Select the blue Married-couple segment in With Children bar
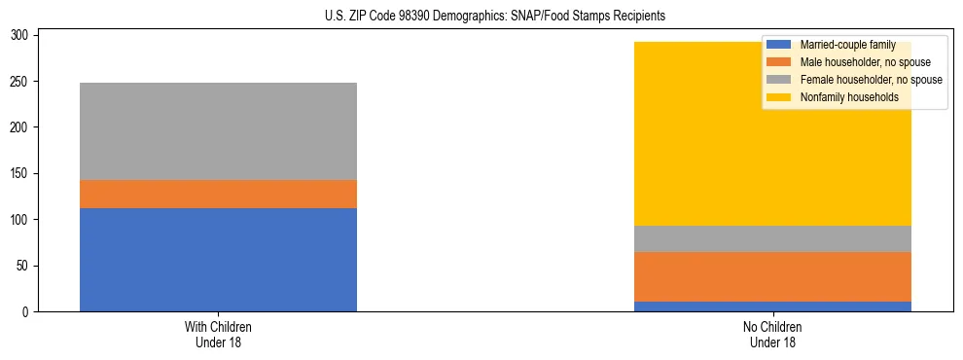point(218,260)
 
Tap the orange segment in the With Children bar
point(218,194)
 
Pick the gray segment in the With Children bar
point(218,131)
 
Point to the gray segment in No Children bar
point(772,239)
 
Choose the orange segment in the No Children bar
point(772,277)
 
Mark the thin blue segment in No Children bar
point(772,306)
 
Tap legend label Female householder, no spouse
point(868,80)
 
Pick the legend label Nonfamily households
point(849,97)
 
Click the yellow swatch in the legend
point(780,97)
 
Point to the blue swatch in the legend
point(780,45)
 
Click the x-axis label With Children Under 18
point(218,334)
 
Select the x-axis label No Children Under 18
point(772,334)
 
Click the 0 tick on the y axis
point(29,312)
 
